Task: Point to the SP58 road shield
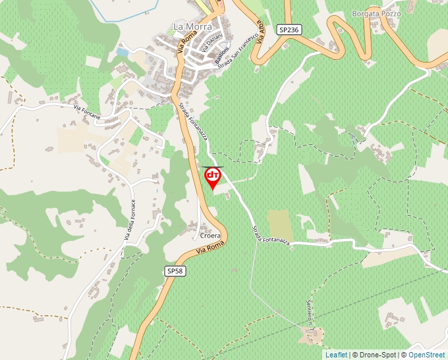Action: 175,271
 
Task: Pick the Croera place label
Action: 210,235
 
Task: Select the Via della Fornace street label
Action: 128,220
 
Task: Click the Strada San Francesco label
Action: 241,49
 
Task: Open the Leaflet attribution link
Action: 336,355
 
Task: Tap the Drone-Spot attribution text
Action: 378,355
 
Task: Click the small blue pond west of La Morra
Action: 123,51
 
